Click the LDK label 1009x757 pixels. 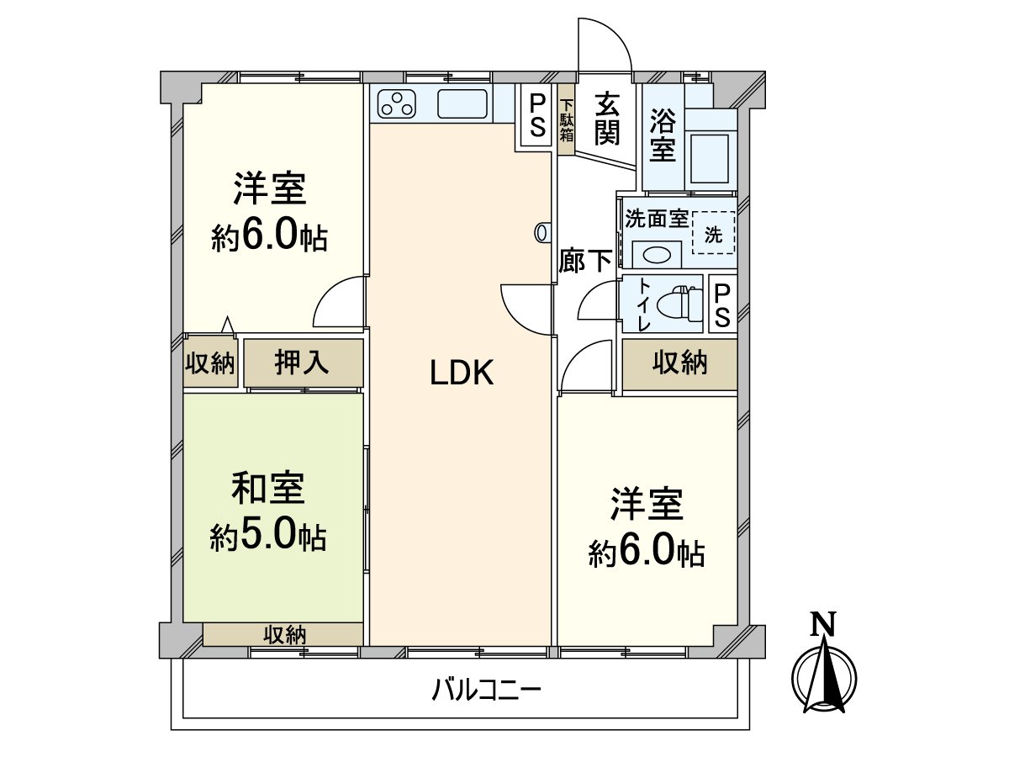pyautogui.click(x=461, y=373)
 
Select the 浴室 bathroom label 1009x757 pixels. pyautogui.click(x=663, y=136)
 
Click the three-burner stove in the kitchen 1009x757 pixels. pyautogui.click(x=397, y=104)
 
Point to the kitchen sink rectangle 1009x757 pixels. pyautogui.click(x=462, y=104)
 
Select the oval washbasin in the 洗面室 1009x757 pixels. pyautogui.click(x=656, y=252)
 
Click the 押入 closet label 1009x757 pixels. pyautogui.click(x=303, y=363)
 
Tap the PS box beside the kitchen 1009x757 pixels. pyautogui.click(x=536, y=119)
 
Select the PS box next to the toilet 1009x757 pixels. pyautogui.click(x=722, y=305)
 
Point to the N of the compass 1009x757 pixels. pyautogui.click(x=824, y=623)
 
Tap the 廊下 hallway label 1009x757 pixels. pyautogui.click(x=585, y=262)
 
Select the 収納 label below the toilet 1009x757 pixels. pyautogui.click(x=680, y=363)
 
